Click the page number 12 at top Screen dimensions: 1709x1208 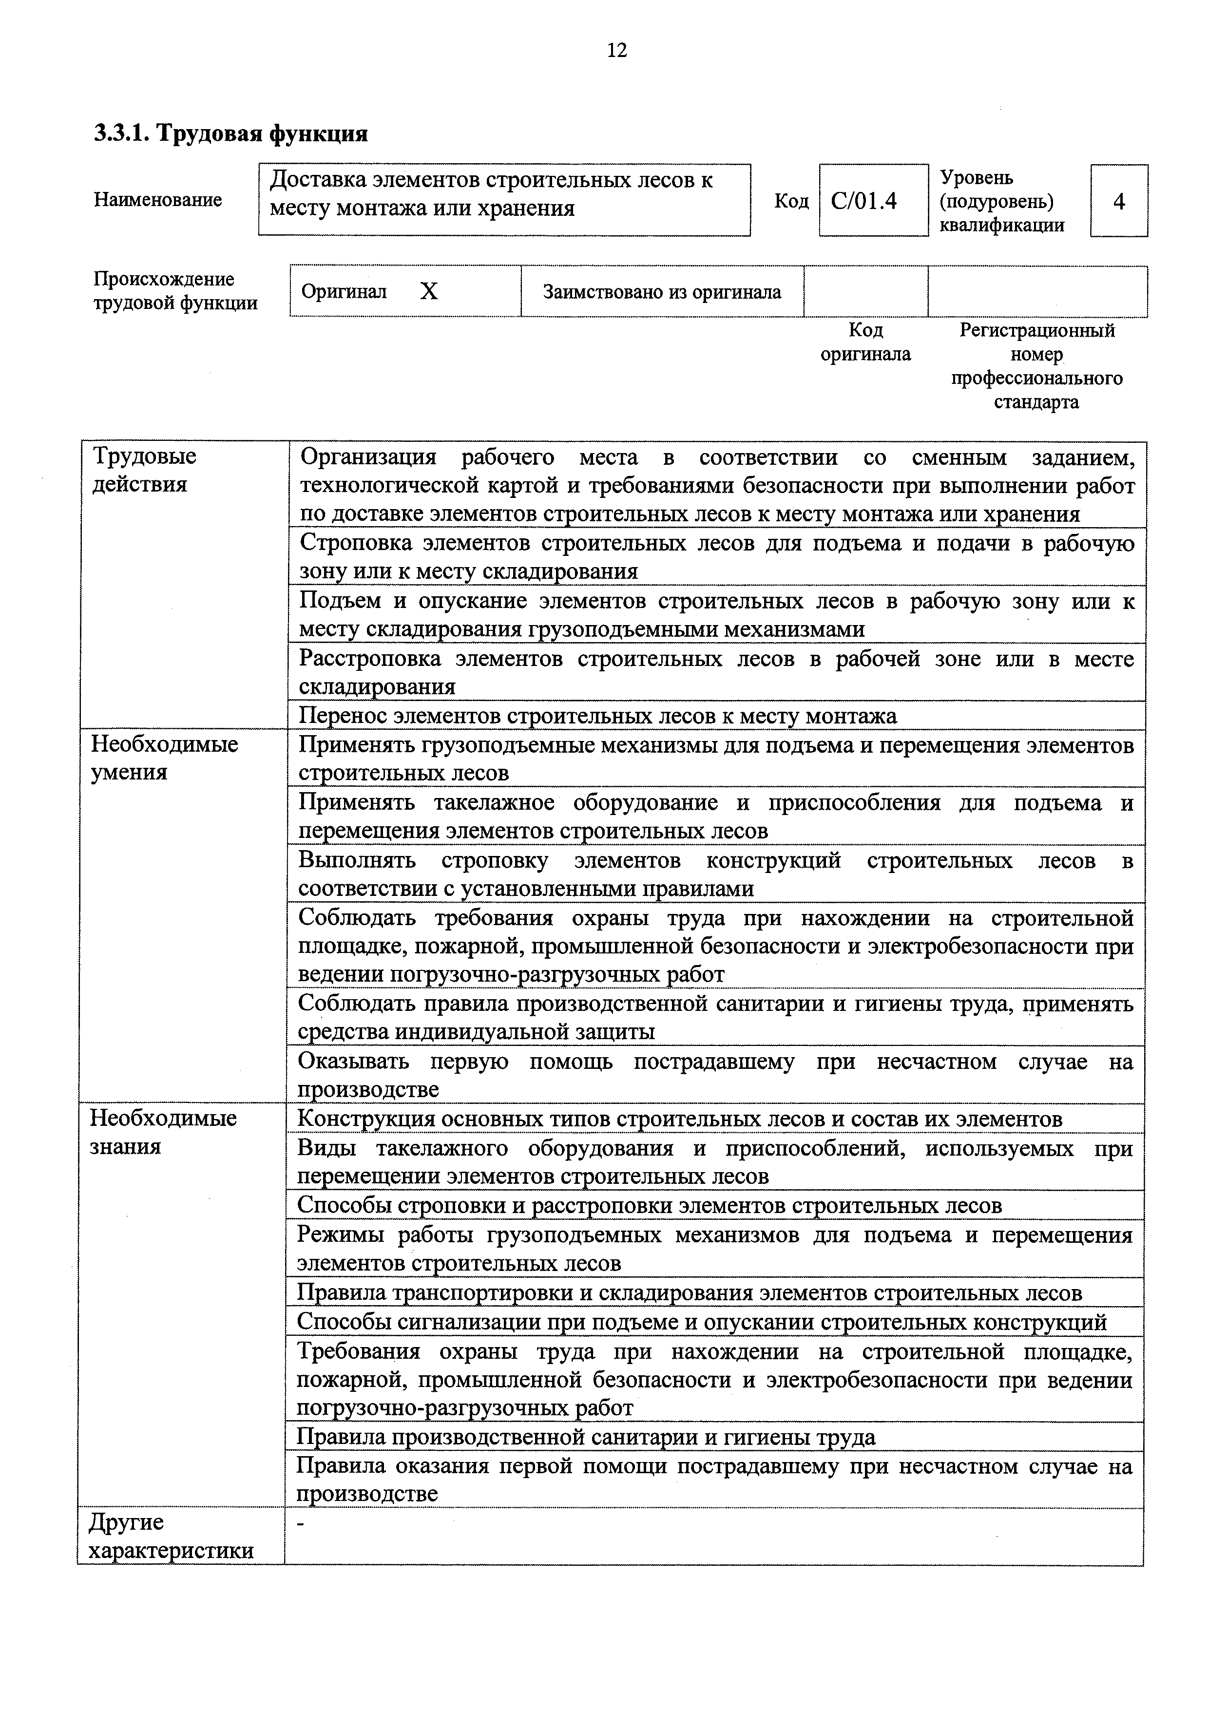(617, 51)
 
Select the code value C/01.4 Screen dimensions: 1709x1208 (864, 201)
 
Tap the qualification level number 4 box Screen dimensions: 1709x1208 (1119, 201)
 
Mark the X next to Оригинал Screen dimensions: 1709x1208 (429, 291)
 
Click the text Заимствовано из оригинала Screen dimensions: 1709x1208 (662, 292)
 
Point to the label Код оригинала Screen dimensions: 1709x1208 (865, 342)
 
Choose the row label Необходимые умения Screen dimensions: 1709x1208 (164, 758)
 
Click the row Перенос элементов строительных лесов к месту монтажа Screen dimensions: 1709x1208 (598, 716)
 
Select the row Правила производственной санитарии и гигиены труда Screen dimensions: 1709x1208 (586, 1437)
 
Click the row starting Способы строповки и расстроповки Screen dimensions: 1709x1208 (649, 1205)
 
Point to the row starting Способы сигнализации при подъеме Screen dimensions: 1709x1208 (701, 1322)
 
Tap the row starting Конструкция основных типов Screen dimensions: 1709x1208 (680, 1119)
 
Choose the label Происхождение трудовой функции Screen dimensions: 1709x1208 (175, 291)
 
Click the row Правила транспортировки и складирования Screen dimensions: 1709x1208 (689, 1293)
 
